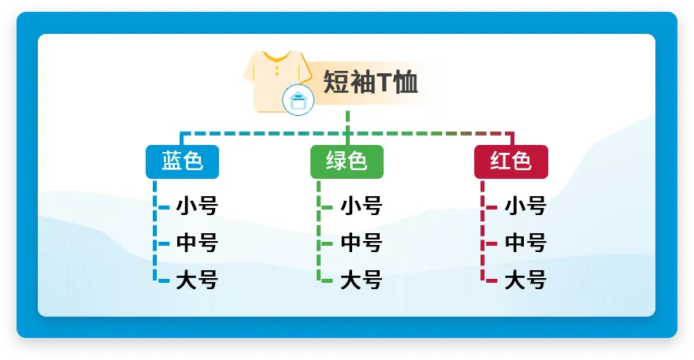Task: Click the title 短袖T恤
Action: click(370, 82)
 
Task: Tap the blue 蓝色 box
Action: click(182, 161)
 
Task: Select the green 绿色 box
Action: click(347, 161)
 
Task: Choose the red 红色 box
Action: click(511, 161)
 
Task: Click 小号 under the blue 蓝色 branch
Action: click(197, 206)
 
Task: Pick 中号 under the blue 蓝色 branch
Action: click(197, 243)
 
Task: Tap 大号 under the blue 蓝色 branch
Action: click(197, 280)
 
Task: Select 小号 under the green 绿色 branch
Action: click(361, 206)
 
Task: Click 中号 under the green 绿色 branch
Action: click(361, 243)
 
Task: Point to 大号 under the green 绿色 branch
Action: click(361, 280)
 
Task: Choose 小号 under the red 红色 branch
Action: click(525, 206)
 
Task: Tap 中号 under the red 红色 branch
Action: click(525, 243)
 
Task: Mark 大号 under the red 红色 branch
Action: click(525, 280)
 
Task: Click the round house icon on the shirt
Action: click(299, 99)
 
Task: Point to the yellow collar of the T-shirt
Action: click(277, 58)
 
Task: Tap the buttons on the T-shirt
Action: click(277, 70)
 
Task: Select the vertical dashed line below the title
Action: click(347, 128)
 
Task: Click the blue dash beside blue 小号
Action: click(164, 207)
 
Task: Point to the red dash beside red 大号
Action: click(492, 280)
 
